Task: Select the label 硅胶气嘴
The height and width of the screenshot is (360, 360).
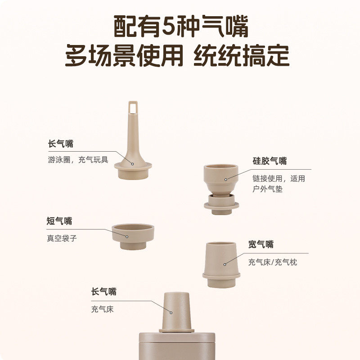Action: (x=270, y=161)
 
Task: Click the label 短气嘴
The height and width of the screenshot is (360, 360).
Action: (x=59, y=221)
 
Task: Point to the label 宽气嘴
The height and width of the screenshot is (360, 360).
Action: (x=261, y=245)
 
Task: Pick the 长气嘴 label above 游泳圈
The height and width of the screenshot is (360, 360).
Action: (x=60, y=144)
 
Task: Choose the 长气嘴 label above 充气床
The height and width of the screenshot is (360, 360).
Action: (x=103, y=292)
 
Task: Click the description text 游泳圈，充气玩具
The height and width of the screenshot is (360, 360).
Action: (x=78, y=160)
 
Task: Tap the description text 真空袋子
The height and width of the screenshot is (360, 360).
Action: (x=62, y=238)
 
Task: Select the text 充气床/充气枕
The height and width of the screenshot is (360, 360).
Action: (x=273, y=262)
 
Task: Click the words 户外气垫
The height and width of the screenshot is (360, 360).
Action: (x=267, y=189)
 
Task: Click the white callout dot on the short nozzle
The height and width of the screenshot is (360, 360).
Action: (x=127, y=236)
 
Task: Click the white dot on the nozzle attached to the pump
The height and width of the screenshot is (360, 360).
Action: (x=171, y=311)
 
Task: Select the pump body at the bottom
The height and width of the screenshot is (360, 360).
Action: (x=176, y=346)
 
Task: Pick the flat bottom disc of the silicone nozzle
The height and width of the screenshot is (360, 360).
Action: (x=221, y=206)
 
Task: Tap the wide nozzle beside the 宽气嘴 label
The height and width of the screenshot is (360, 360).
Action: (x=221, y=263)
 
